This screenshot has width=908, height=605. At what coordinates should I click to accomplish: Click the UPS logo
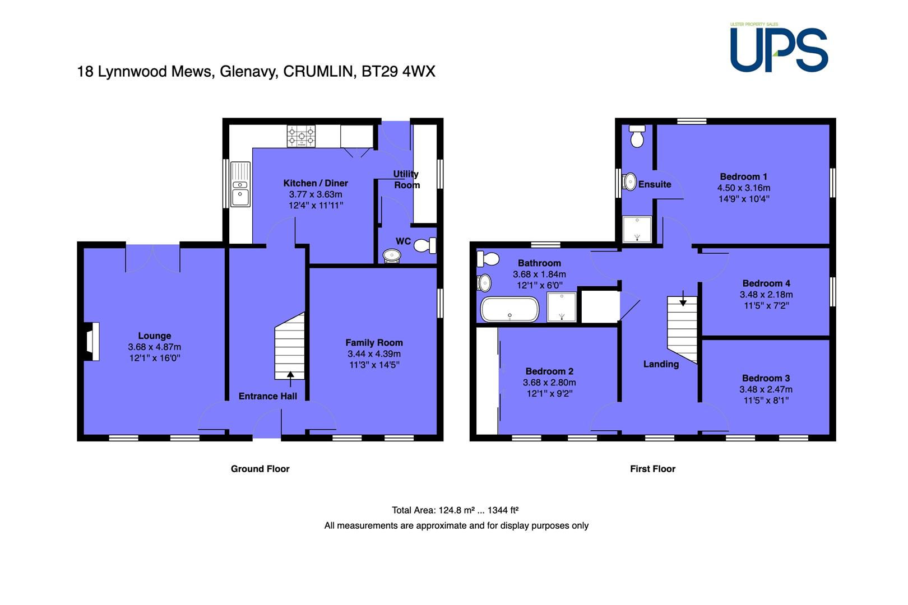point(779,48)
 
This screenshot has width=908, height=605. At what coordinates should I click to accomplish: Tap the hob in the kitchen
point(301,136)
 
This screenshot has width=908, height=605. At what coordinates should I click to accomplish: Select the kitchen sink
point(240,184)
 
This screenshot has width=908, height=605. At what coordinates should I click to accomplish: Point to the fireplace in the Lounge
point(91,341)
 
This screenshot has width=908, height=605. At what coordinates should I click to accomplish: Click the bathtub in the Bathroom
point(509,309)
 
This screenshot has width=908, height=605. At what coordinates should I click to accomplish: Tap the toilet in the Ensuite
point(637,136)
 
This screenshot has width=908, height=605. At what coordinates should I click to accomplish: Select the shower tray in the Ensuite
point(637,229)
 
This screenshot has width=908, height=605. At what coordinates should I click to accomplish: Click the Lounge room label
point(155,336)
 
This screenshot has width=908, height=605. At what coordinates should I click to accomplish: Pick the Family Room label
point(374,342)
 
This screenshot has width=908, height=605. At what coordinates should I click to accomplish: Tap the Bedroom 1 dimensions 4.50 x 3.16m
point(743,188)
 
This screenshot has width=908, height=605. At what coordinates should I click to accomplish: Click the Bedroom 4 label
point(766,283)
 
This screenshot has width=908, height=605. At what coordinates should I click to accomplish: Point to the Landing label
point(661,364)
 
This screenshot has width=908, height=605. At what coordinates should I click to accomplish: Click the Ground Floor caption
point(260,469)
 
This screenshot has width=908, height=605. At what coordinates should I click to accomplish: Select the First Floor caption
point(652,469)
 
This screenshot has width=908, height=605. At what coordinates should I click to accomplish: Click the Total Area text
point(455,510)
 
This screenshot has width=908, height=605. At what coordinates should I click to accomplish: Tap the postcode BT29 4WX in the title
point(398,71)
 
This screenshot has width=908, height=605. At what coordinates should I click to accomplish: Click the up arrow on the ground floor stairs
point(290,379)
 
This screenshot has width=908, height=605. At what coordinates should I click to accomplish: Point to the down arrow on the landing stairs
point(683,298)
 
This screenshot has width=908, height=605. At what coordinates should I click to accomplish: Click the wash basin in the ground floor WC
point(392,255)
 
